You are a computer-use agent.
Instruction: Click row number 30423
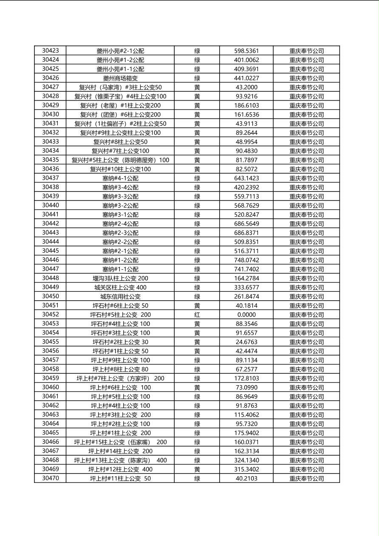50,51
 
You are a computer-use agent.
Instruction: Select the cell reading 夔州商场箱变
120,78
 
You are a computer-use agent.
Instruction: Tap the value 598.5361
246,51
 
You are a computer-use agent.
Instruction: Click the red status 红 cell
197,315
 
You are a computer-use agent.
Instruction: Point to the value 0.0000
246,315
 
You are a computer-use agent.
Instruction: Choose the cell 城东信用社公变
120,296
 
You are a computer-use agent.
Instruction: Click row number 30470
50,478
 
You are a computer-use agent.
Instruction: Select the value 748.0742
246,260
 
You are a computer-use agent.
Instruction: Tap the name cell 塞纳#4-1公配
120,178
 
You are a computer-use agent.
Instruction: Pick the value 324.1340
246,460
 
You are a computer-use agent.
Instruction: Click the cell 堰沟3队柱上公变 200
120,278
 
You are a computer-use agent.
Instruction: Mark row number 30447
50,269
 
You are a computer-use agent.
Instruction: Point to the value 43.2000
246,87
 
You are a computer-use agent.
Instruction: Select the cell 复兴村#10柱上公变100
120,169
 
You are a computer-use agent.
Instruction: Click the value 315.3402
246,469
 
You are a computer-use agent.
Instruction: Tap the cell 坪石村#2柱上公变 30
120,342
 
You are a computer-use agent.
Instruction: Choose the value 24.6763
246,342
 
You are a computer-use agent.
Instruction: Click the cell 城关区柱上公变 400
120,288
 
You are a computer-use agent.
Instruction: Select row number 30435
50,160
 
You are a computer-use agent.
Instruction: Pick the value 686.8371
246,233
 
